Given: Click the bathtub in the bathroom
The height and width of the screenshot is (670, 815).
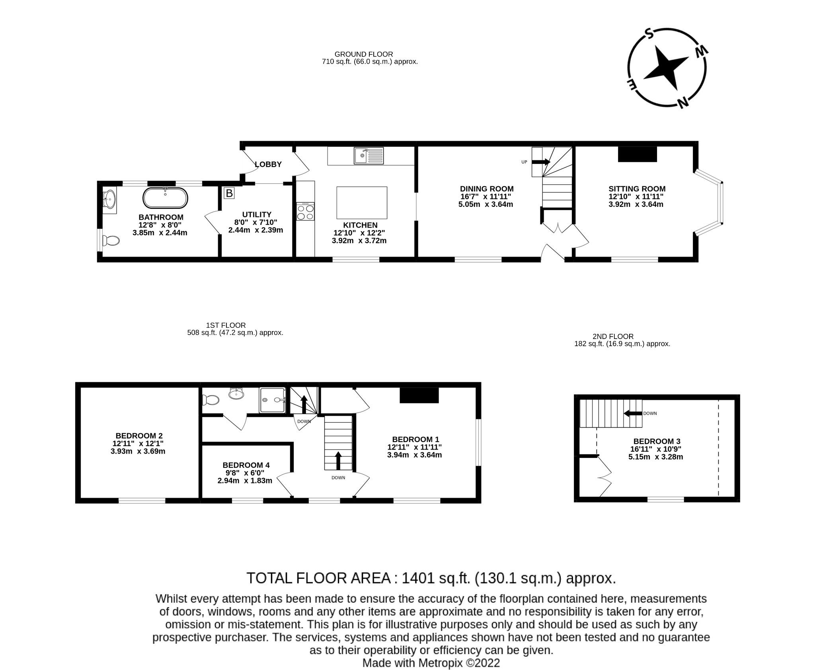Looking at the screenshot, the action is click(165, 198).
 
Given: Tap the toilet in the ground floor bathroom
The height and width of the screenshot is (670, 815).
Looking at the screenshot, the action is click(111, 241).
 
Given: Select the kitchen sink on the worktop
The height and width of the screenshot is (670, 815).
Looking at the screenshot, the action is click(369, 156).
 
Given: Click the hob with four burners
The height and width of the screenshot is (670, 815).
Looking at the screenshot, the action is click(306, 212).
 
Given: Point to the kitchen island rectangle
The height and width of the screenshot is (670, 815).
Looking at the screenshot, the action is click(362, 203).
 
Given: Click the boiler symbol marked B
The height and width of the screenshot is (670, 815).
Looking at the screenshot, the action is click(229, 193).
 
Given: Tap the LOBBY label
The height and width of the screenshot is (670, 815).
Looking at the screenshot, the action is click(268, 164).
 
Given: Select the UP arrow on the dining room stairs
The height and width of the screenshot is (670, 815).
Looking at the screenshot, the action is click(541, 162).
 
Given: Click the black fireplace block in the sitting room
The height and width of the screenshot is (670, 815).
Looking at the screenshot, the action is click(637, 154).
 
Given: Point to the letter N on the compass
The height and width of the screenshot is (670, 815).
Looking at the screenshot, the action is click(683, 102).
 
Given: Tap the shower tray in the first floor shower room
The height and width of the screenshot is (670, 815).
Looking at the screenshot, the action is click(273, 400).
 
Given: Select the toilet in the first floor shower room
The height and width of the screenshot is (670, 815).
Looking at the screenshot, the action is click(211, 399).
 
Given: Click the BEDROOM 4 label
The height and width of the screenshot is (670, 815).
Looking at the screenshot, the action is click(246, 465).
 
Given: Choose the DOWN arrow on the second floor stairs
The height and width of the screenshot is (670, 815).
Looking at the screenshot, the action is click(633, 413).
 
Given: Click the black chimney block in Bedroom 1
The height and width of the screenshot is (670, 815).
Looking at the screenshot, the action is click(419, 395).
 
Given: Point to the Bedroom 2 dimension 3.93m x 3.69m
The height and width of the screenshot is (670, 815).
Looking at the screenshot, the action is click(138, 451).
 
